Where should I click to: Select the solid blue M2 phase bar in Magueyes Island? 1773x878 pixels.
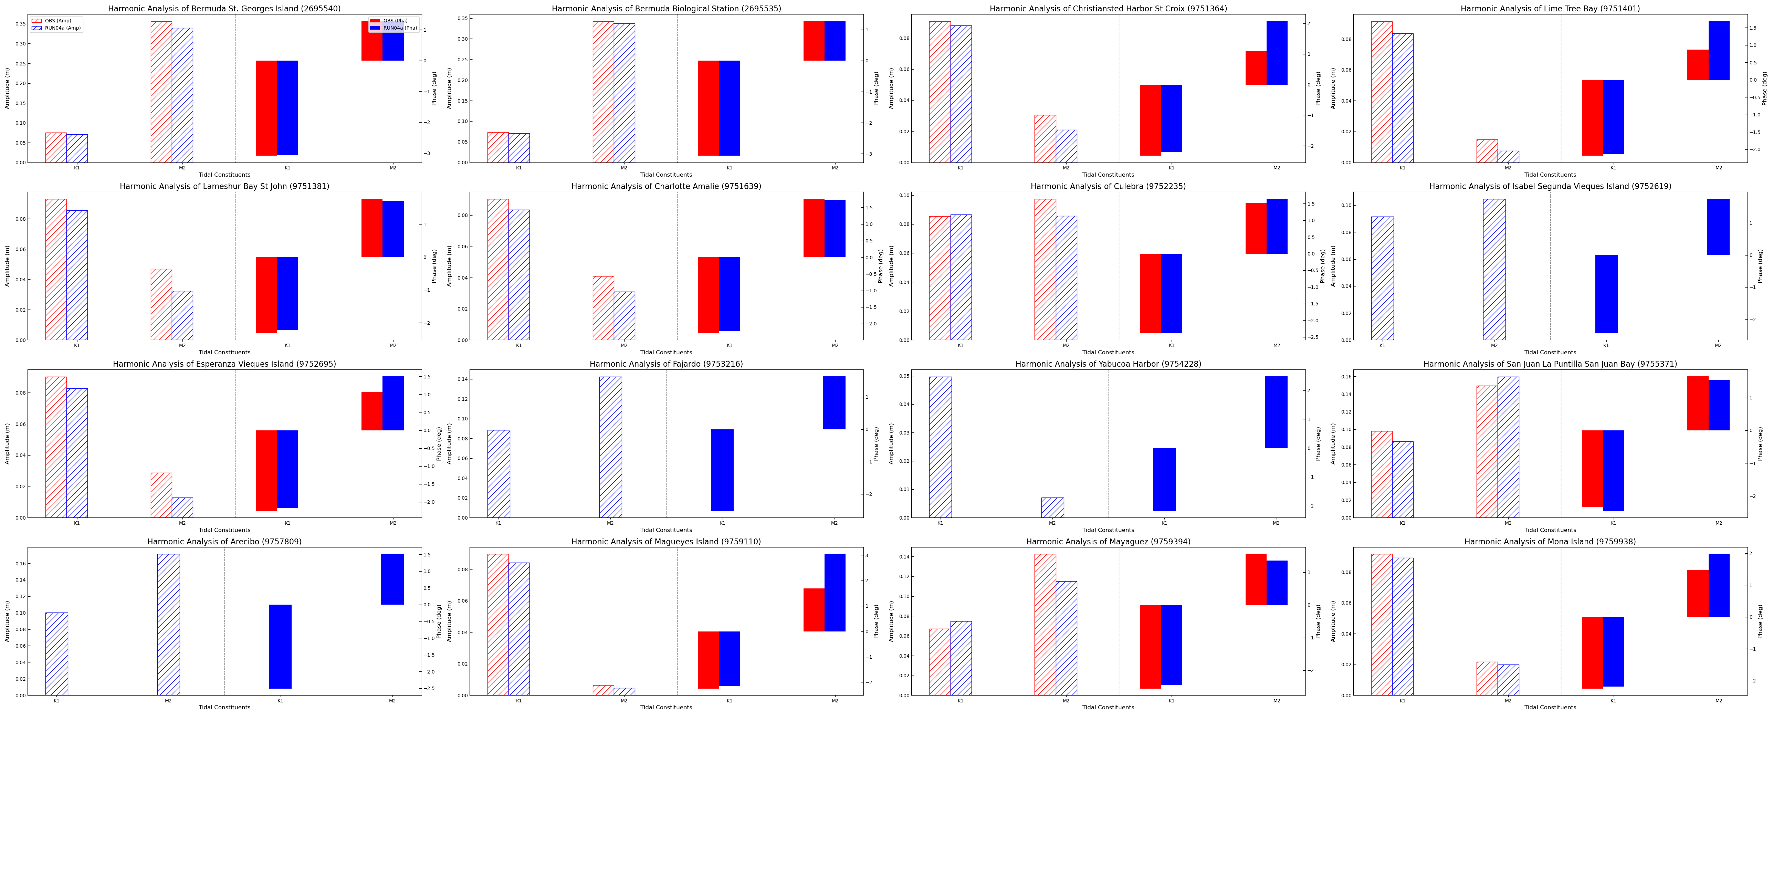pyautogui.click(x=835, y=592)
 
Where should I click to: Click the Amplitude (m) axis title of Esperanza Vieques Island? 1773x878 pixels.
pyautogui.click(x=8, y=443)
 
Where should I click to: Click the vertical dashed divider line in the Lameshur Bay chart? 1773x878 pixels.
pyautogui.click(x=235, y=266)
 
